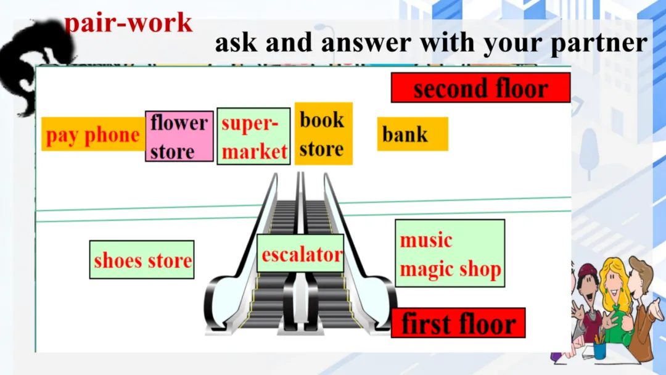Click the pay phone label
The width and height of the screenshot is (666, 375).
pyautogui.click(x=93, y=134)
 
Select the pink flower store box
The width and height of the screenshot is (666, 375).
pyautogui.click(x=179, y=136)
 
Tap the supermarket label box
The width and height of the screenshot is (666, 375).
pyautogui.click(x=253, y=136)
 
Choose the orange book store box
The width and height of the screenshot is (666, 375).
pyautogui.click(x=323, y=134)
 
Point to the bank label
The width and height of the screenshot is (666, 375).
pyautogui.click(x=412, y=134)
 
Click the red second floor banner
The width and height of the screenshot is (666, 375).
pyautogui.click(x=480, y=88)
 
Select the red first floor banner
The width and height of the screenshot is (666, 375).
pyautogui.click(x=458, y=323)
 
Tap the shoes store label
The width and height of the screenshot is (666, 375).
pyautogui.click(x=142, y=260)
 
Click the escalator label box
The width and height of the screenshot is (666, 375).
pyautogui.click(x=300, y=253)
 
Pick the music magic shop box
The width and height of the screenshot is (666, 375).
pyautogui.click(x=450, y=253)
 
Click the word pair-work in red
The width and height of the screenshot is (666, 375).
pyautogui.click(x=128, y=23)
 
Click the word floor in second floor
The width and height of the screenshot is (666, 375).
pyautogui.click(x=520, y=88)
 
